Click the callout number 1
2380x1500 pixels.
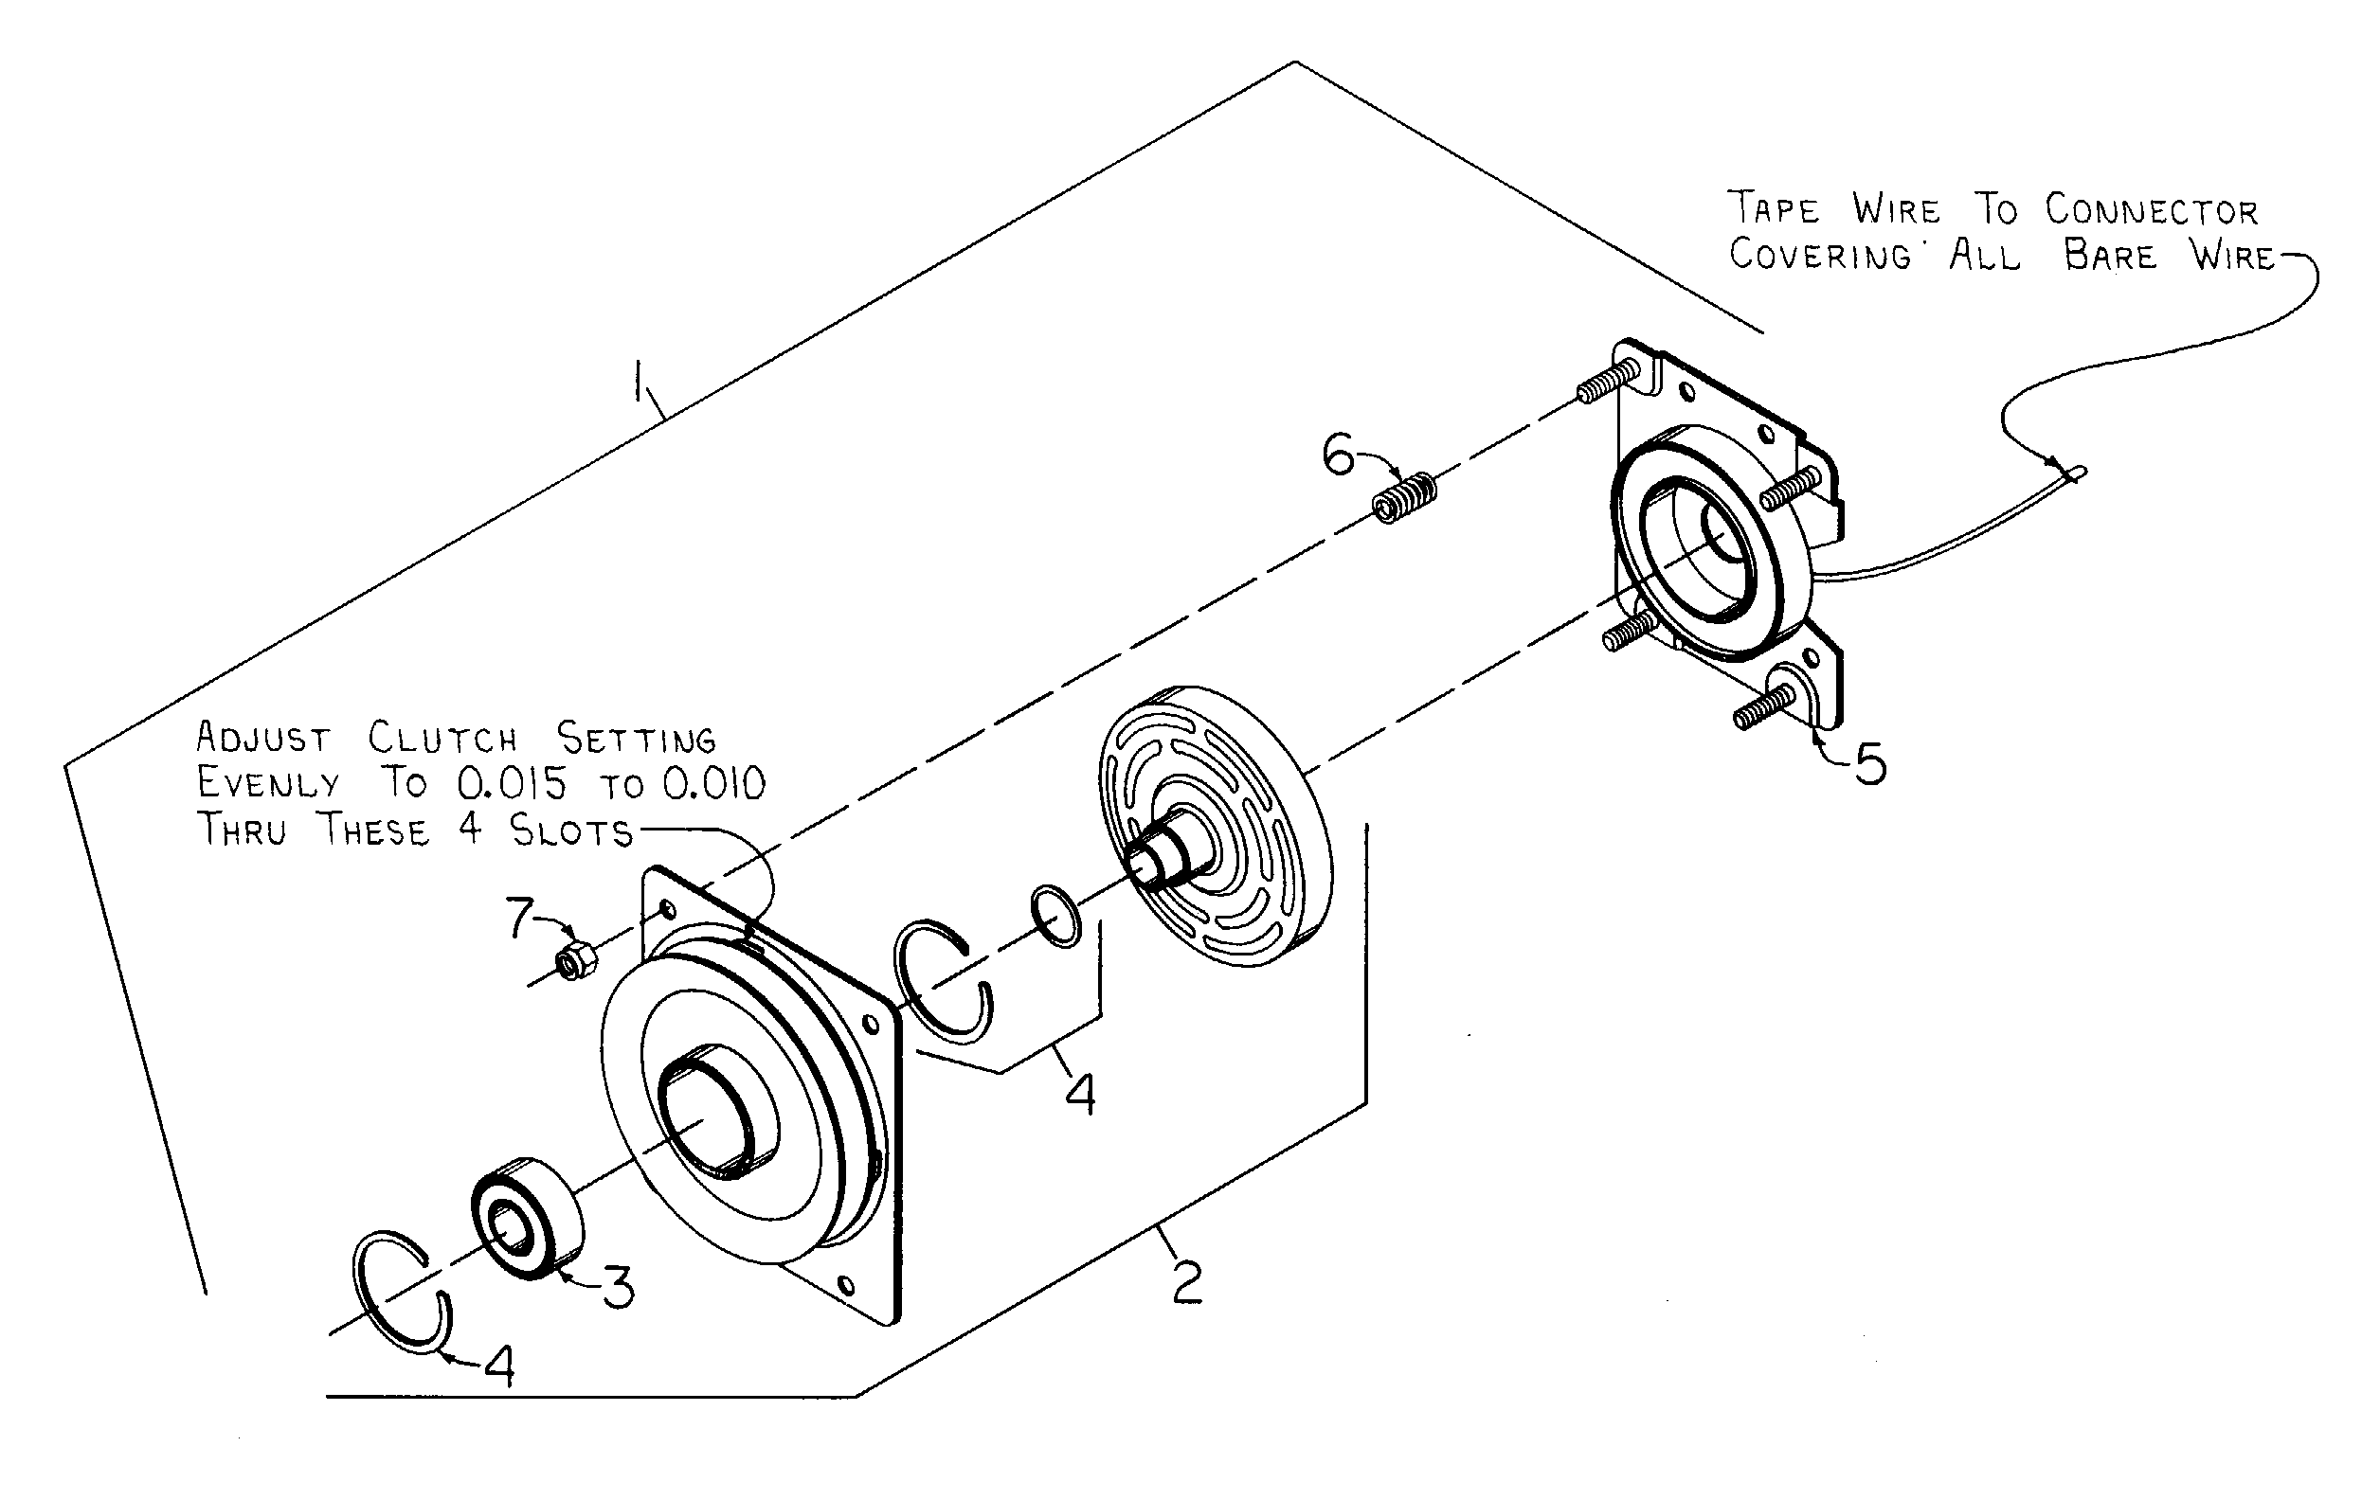click(x=641, y=382)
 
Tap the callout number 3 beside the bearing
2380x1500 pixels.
click(x=620, y=1288)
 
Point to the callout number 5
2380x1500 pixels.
click(x=1869, y=764)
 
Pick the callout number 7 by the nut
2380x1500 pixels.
click(x=520, y=918)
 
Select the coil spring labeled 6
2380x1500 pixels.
click(x=1404, y=497)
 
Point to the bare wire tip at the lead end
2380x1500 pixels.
click(x=2079, y=473)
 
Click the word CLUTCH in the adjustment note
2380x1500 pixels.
click(x=442, y=737)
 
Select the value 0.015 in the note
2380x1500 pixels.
click(x=512, y=783)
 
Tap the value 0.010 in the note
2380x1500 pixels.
click(x=713, y=783)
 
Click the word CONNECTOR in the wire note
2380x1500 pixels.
click(x=2152, y=209)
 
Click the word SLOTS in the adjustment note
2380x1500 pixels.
click(x=571, y=830)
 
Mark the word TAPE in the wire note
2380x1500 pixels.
click(x=1775, y=208)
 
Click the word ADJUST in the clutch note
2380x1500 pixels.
click(x=264, y=737)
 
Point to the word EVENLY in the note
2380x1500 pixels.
click(x=268, y=783)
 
